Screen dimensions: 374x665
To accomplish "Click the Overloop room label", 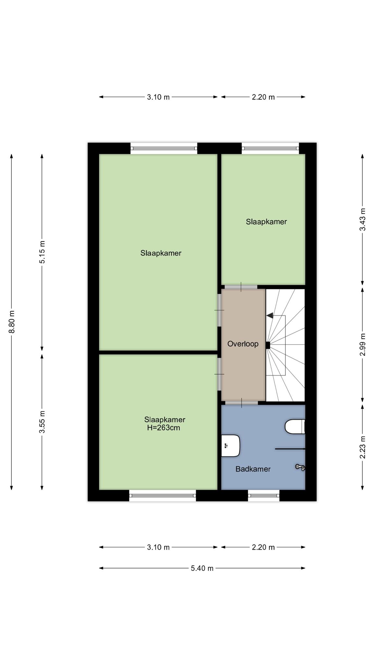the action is pos(243,344).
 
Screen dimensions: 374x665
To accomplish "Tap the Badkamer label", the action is pos(253,469).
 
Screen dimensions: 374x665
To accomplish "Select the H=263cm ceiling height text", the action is pos(164,428).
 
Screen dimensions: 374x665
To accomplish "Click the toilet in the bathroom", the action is pos(295,426).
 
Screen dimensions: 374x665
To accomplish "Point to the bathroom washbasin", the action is pos(231,445).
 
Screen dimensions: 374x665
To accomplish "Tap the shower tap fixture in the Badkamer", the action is pos(300,467).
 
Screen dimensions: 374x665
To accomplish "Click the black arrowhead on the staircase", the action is pos(269,315).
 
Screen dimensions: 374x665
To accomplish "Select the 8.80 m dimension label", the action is pos(12,322).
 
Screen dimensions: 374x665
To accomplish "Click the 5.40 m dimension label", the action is pos(202,568).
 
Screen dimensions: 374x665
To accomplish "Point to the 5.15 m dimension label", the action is pos(42,252).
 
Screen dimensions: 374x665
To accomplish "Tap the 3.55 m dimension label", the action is pos(42,422).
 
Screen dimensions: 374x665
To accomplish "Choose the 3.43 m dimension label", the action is pos(363,220).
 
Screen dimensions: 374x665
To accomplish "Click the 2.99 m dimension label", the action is pos(363,345).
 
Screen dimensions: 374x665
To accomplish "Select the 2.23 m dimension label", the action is pos(363,447).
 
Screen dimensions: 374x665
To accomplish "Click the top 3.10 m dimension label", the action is pos(158,97).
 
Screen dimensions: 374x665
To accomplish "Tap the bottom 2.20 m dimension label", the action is pos(263,547).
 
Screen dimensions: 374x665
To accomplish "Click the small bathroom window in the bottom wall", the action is pos(264,496).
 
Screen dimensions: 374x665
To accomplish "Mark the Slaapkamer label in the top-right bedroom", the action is pos(266,222).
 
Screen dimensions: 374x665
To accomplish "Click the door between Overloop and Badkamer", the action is pos(242,403).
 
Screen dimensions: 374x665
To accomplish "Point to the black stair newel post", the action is pos(268,345).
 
